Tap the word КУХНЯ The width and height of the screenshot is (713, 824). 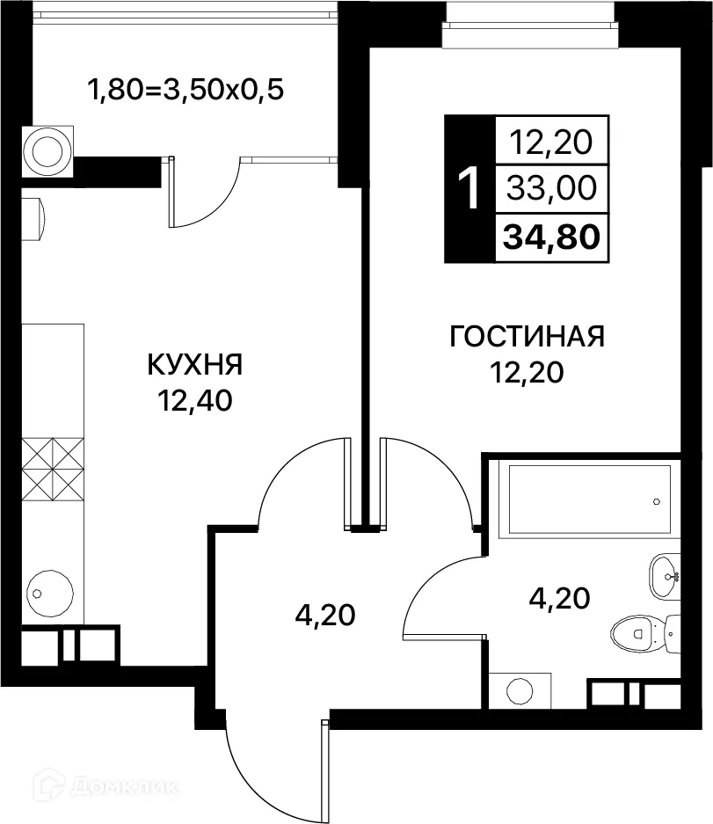coord(195,363)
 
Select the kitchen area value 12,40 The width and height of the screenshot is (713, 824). coord(195,401)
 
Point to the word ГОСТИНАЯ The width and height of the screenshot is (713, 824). coord(527,337)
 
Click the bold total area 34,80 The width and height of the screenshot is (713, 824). coord(551,236)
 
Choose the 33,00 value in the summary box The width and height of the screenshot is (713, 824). coord(551,187)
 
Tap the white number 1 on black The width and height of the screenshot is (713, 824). coord(469,188)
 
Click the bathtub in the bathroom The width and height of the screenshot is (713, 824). coord(585,500)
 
